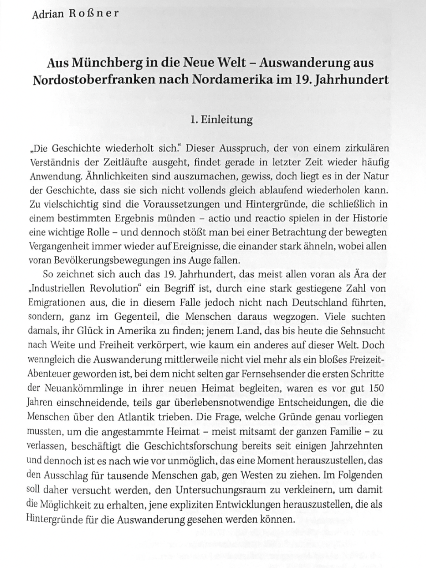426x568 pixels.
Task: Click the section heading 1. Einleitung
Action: pos(221,120)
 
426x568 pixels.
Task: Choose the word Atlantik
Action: pos(149,417)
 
